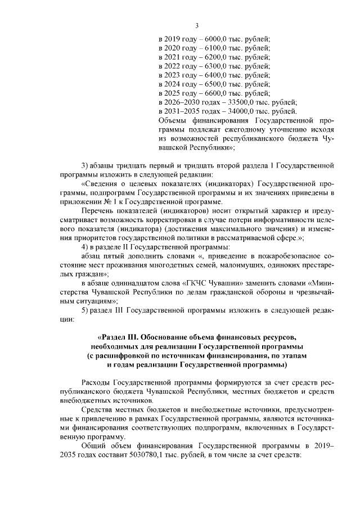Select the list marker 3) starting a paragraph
click(x=85, y=165)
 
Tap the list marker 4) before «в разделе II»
click(x=85, y=247)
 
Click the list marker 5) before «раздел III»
click(x=85, y=310)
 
